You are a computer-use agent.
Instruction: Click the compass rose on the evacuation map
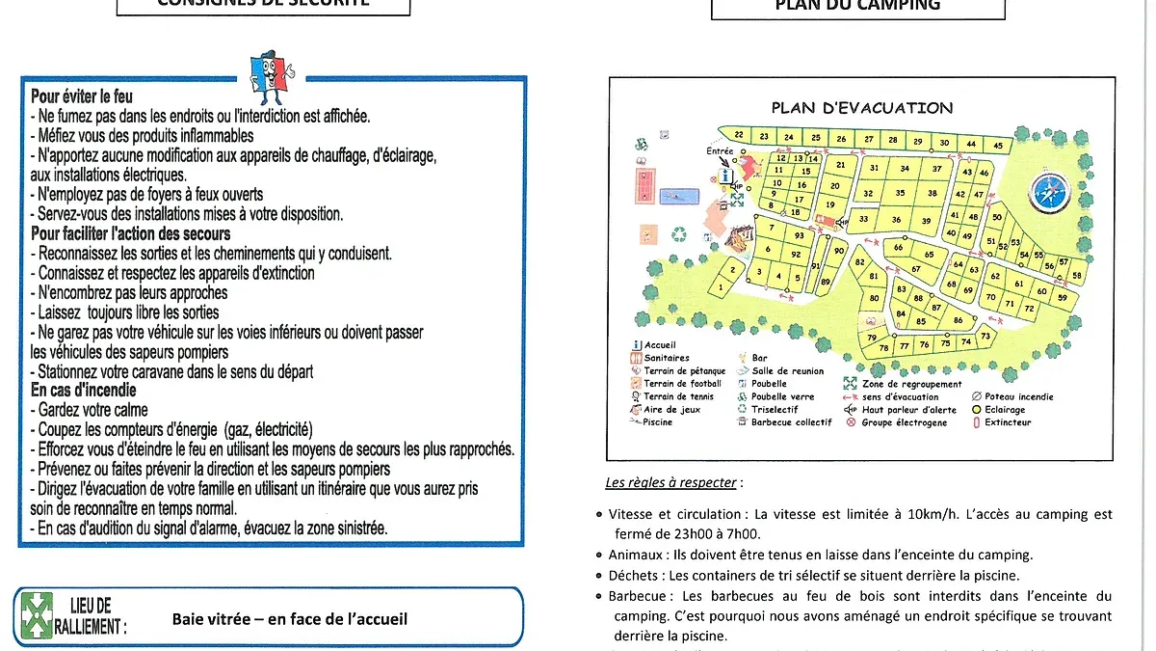(x=1046, y=191)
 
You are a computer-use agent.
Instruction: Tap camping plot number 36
(x=897, y=220)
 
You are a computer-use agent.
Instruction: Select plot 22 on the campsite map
(x=739, y=135)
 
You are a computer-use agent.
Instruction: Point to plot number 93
(x=800, y=235)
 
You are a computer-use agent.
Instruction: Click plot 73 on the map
(x=985, y=337)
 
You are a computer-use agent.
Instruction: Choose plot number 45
(x=998, y=146)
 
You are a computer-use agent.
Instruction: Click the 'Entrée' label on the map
(x=719, y=151)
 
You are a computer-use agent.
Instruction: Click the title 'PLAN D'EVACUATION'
(x=861, y=108)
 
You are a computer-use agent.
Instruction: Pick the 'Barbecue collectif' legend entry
(x=790, y=422)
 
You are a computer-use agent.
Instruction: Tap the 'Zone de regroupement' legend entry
(x=903, y=384)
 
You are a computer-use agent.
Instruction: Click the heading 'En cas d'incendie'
(x=84, y=391)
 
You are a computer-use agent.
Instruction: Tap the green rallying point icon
(x=37, y=615)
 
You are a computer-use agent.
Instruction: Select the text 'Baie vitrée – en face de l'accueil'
(x=289, y=618)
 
